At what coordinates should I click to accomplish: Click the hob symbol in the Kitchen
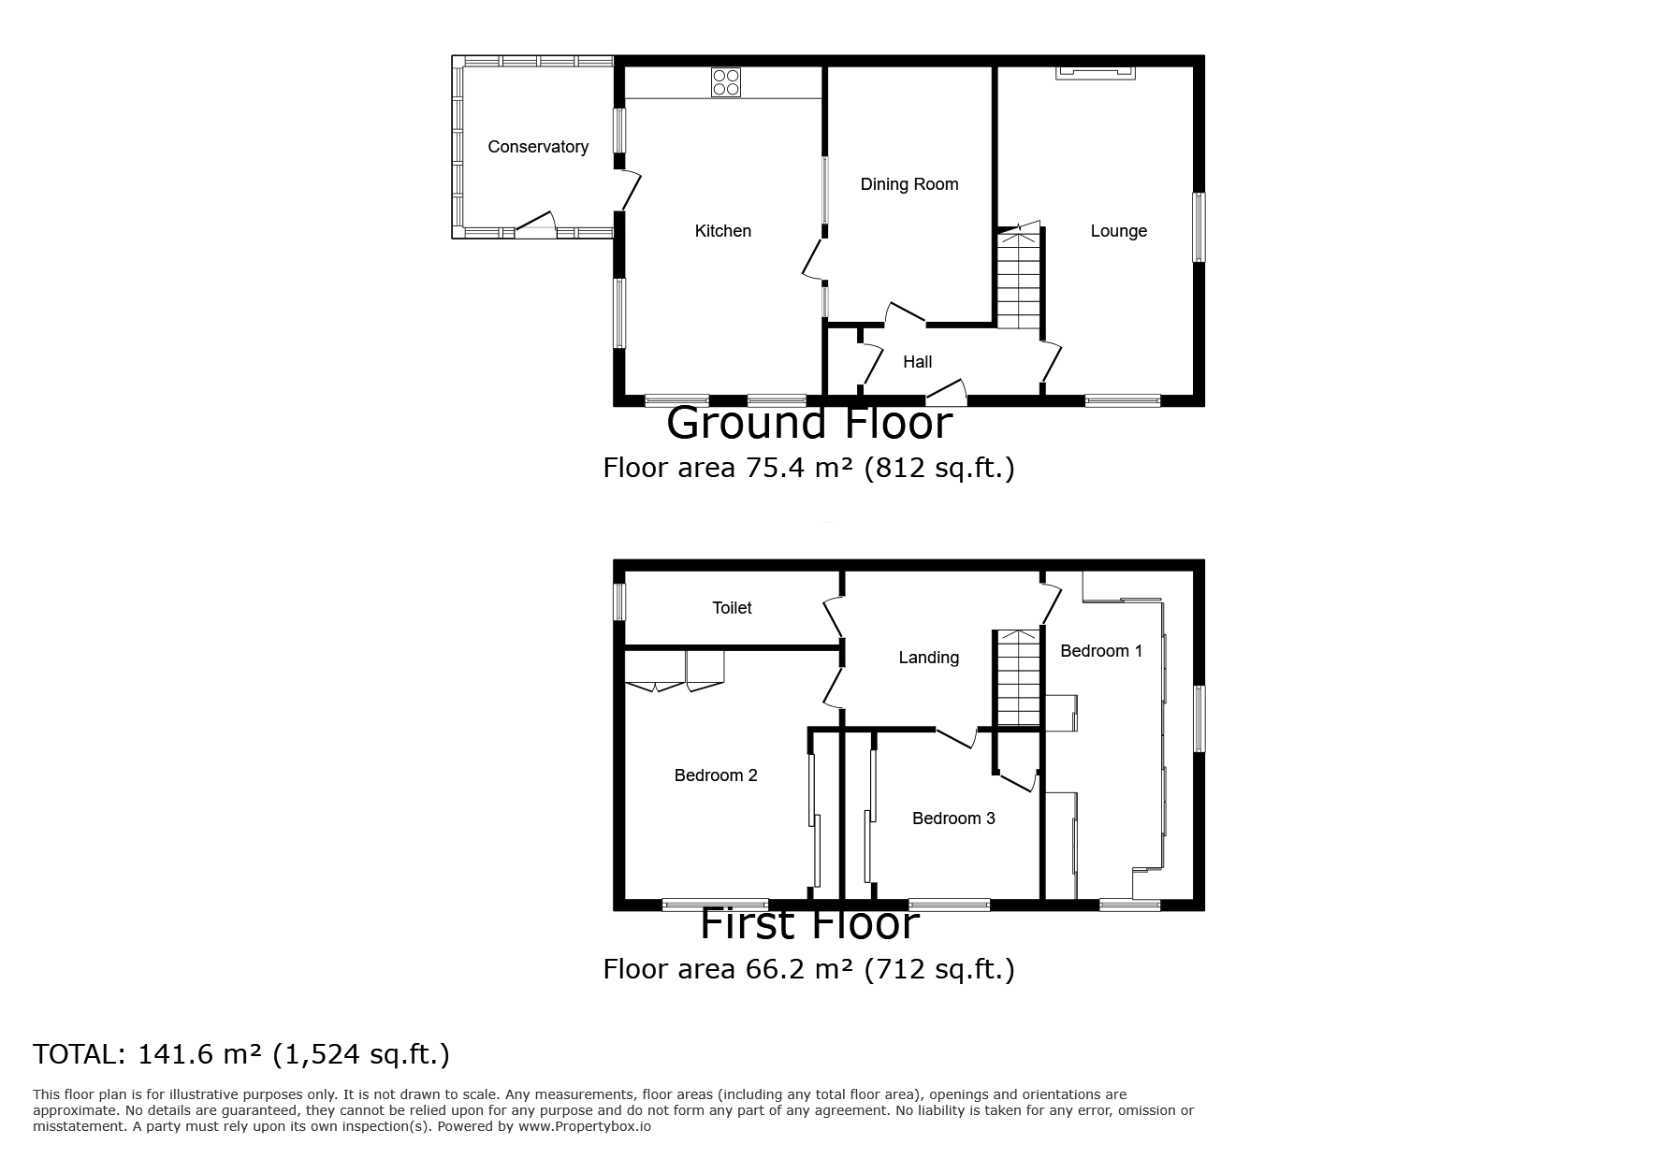(725, 82)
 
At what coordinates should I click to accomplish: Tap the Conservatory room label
(538, 147)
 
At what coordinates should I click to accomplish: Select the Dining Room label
(908, 184)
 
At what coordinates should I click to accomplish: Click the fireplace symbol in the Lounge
(1095, 72)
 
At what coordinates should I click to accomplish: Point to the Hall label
(917, 362)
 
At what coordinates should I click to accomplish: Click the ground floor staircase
(1018, 281)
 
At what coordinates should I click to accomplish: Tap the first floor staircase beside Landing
(1018, 679)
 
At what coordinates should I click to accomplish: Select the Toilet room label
(732, 608)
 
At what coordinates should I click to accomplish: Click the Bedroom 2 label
(716, 775)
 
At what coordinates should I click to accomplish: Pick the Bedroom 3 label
(953, 819)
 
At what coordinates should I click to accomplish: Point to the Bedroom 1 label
(1101, 651)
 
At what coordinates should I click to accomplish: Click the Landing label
(928, 658)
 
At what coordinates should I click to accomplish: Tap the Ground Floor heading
(808, 424)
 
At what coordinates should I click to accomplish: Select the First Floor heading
(808, 925)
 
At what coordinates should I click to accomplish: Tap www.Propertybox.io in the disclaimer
(584, 1126)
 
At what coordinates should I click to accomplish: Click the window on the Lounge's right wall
(1198, 227)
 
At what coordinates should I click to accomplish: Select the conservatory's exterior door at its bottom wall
(534, 231)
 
